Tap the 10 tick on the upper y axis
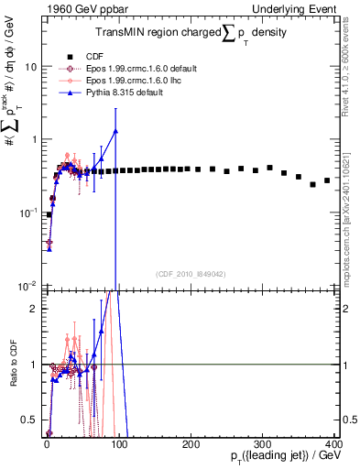pos(31,67)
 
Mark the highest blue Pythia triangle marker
pos(115,131)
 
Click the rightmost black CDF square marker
pos(327,180)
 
